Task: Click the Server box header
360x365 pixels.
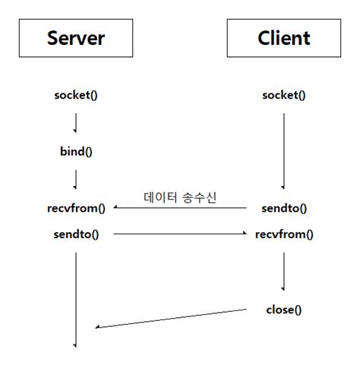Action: [76, 37]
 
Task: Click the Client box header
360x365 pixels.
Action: [283, 37]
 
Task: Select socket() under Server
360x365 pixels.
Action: [76, 95]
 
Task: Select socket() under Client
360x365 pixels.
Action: [283, 95]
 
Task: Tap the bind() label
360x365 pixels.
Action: [76, 150]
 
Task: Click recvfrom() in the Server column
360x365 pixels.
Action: [76, 207]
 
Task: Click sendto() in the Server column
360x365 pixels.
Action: [76, 234]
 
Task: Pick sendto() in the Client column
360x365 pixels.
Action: [283, 207]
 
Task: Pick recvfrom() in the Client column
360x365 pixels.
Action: [283, 234]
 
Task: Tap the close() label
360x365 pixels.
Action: [283, 310]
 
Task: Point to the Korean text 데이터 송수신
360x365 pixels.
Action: [180, 197]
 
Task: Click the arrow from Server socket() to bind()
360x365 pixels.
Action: [76, 122]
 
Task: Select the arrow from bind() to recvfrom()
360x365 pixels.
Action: [76, 179]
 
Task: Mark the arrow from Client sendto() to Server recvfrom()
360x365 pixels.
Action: [180, 207]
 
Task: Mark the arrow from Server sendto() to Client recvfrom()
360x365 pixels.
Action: [180, 234]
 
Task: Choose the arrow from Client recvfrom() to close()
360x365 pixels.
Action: [283, 271]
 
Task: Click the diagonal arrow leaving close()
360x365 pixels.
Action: [171, 319]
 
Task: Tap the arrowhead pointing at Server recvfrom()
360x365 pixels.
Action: [116, 207]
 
